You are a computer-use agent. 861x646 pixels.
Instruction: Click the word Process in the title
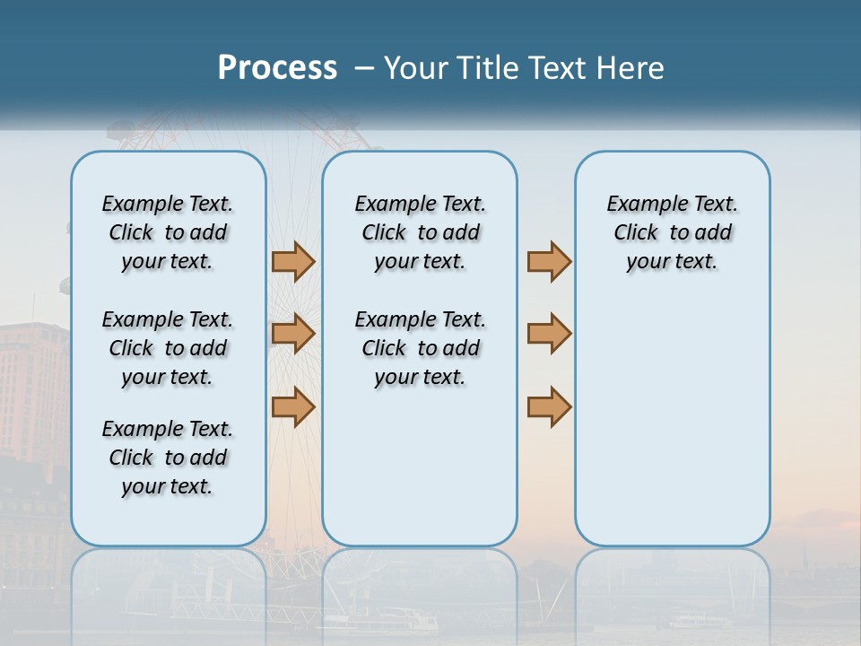click(277, 68)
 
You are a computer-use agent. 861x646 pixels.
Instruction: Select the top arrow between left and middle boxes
click(293, 262)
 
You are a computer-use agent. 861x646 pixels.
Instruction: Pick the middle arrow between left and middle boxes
click(293, 334)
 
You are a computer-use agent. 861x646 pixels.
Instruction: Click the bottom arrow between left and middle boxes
click(293, 406)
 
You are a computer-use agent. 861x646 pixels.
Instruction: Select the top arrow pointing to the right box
click(549, 262)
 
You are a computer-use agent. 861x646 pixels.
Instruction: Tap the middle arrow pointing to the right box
click(549, 334)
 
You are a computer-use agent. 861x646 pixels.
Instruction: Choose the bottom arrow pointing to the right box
click(549, 406)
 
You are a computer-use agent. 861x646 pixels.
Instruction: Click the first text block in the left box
click(168, 232)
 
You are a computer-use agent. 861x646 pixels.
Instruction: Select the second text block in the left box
click(168, 348)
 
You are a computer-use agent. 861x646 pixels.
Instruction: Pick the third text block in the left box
click(168, 458)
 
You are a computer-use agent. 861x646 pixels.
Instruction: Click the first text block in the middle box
click(420, 232)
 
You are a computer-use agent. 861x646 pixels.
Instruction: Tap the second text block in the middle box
click(420, 348)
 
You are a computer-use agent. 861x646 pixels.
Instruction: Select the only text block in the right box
click(672, 232)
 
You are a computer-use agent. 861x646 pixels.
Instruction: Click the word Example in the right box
click(640, 205)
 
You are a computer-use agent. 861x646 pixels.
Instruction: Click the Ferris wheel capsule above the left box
click(119, 133)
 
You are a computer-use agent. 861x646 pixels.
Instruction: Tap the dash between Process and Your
click(365, 68)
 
